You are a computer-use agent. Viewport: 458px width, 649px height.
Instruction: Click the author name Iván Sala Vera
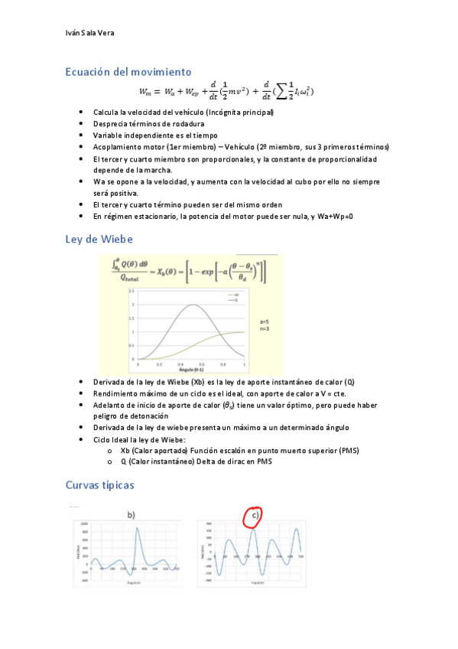90,33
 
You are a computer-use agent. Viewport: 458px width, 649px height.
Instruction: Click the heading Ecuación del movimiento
128,72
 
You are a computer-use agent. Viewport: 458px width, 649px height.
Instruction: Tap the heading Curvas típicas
100,485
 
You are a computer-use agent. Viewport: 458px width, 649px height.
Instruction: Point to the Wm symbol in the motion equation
145,92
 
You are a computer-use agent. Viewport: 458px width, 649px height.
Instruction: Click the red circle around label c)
253,517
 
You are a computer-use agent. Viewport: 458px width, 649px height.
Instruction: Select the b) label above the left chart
132,515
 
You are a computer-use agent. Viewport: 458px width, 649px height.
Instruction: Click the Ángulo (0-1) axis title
190,367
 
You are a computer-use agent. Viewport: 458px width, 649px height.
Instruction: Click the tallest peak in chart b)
137,529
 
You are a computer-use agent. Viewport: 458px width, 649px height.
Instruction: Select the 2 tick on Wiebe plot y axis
132,305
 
